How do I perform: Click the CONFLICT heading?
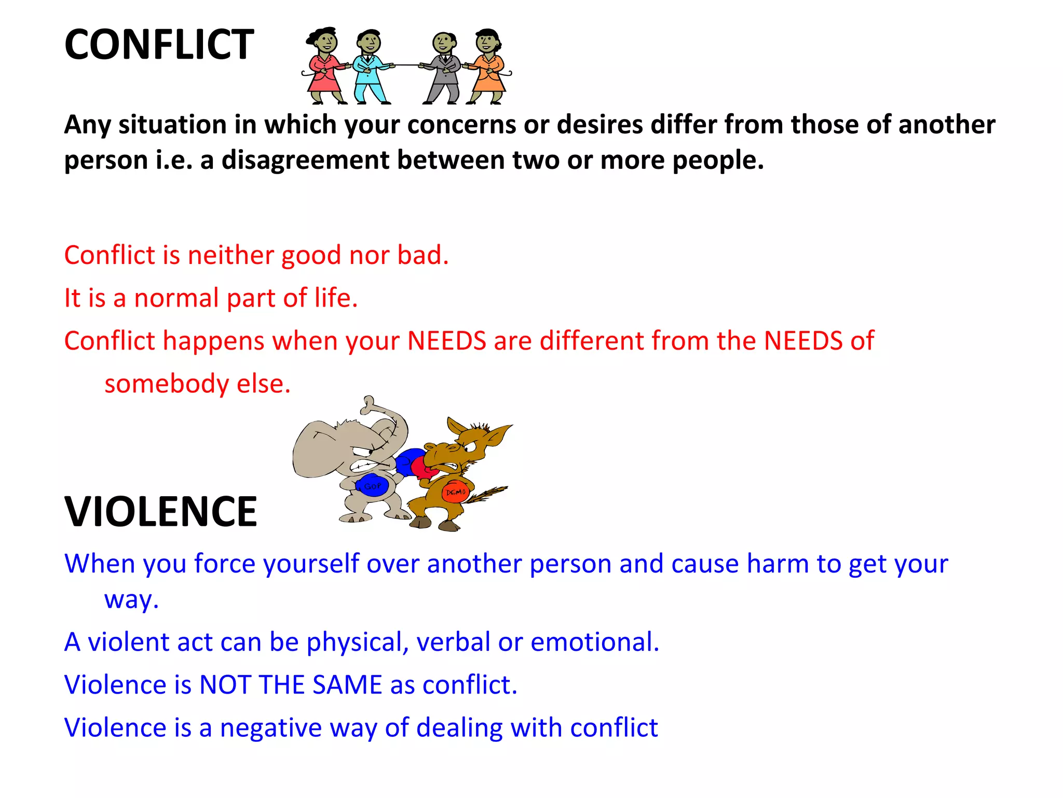(x=159, y=45)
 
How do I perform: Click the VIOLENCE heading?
(x=160, y=512)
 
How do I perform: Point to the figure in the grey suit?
(x=444, y=68)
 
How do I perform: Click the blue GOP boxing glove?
(x=372, y=485)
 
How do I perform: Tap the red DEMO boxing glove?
(x=455, y=491)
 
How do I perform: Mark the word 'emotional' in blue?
(x=594, y=642)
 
